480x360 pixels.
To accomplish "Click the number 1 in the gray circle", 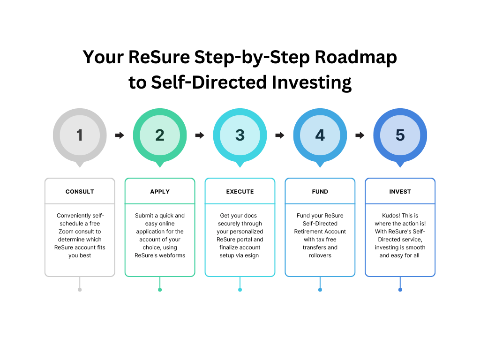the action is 80,135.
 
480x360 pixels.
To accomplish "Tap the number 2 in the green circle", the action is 160,135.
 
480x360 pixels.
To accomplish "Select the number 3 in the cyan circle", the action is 240,135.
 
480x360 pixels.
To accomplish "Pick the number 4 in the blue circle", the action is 320,135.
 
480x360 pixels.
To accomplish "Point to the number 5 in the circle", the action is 400,135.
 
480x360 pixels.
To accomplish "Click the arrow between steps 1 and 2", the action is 120,135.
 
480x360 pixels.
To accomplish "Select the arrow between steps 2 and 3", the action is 200,135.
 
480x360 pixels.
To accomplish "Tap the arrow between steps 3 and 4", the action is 280,135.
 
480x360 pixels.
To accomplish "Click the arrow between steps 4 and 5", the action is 360,135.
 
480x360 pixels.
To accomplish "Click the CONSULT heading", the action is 80,192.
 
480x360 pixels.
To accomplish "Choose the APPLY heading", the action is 160,192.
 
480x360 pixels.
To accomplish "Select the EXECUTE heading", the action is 240,192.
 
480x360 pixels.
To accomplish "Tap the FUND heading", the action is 320,192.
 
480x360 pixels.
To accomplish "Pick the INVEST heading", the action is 400,192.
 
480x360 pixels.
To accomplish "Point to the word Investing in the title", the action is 312,83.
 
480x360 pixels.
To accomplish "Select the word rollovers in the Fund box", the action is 320,255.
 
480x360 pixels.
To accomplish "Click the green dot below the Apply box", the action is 160,290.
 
